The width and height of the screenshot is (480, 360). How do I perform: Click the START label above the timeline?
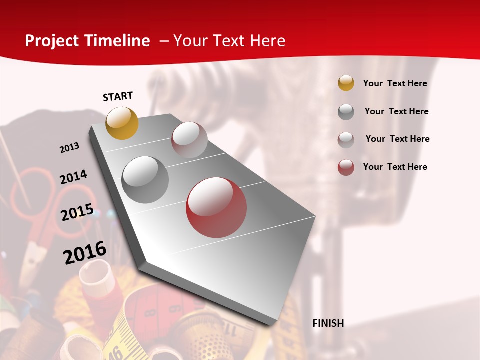pos(118,96)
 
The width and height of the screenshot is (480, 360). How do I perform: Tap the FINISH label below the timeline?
pos(328,323)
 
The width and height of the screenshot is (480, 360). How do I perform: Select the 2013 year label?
pos(69,147)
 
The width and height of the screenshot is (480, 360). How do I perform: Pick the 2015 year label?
pos(77,212)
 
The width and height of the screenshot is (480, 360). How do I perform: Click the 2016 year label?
pos(85,253)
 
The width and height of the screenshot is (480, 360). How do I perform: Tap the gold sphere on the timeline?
pos(122,123)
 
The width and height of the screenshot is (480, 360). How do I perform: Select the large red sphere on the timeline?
pos(216,207)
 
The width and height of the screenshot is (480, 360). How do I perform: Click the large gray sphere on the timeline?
pos(145,180)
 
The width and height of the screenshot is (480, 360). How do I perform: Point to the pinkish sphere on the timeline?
pos(189,140)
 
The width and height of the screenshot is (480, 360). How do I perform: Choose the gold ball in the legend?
pos(346,83)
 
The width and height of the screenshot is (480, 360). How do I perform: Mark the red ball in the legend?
pos(346,167)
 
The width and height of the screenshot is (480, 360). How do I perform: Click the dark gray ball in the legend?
pos(346,111)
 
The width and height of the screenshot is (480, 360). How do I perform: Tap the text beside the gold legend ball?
pos(395,83)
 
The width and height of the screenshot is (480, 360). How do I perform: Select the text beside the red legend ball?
pos(395,167)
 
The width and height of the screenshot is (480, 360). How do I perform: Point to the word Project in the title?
pos(52,41)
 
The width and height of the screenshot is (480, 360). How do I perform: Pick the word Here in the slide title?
pos(267,41)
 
